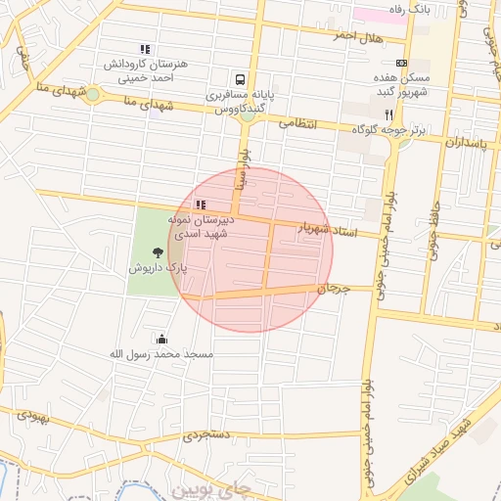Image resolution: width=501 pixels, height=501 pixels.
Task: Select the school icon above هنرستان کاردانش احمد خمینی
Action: (x=145, y=49)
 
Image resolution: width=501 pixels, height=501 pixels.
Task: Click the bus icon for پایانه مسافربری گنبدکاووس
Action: (x=239, y=79)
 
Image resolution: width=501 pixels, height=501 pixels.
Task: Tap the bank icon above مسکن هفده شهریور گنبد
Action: (x=400, y=62)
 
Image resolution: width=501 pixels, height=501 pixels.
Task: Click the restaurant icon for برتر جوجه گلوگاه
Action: (x=388, y=114)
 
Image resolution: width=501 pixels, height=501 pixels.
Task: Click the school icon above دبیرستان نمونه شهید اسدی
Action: (x=201, y=205)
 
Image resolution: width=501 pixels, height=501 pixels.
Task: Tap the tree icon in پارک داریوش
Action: (x=158, y=252)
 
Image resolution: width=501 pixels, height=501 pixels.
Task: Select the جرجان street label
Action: (x=333, y=289)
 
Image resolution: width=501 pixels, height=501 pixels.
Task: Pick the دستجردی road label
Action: (x=208, y=433)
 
